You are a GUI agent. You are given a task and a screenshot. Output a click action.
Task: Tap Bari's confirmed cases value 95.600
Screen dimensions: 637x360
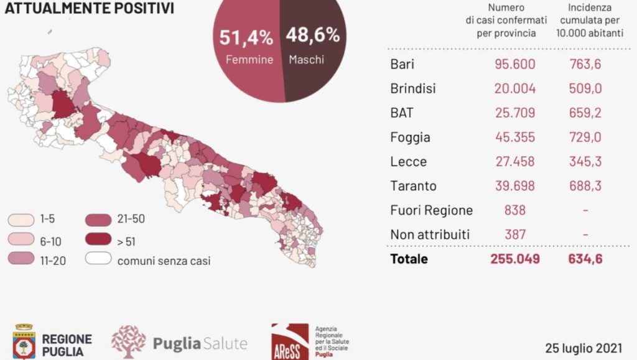(514, 64)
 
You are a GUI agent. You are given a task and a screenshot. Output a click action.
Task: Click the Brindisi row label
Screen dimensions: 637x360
(413, 88)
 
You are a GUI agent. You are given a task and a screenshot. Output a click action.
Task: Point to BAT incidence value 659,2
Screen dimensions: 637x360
(585, 113)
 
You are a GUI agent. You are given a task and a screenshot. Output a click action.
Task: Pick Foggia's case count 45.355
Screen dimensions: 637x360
(514, 137)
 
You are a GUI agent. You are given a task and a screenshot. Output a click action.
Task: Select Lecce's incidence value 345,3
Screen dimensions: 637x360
(585, 162)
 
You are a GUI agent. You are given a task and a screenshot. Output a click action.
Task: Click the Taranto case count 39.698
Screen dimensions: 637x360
(514, 186)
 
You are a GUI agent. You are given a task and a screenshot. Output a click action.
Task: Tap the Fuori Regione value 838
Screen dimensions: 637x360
(514, 210)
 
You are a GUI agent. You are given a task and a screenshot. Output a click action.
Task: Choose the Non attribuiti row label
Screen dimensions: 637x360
(430, 234)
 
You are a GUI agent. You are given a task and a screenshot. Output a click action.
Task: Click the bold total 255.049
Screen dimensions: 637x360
(514, 259)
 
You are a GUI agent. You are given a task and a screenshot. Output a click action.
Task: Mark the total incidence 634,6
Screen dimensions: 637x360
(585, 259)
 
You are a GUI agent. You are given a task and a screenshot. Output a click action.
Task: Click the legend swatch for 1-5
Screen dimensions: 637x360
(21, 220)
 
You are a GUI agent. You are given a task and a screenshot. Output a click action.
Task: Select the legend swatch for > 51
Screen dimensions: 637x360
(98, 239)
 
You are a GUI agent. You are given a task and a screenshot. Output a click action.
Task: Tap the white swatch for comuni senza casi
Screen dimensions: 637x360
(98, 258)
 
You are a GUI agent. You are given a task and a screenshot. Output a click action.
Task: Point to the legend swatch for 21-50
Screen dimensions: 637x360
(98, 220)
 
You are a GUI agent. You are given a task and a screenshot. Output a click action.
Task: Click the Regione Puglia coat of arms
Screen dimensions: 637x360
(24, 341)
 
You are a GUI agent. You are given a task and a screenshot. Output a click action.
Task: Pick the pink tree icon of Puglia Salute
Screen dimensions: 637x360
(128, 342)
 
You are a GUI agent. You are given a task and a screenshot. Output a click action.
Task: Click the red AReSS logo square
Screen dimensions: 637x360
(290, 342)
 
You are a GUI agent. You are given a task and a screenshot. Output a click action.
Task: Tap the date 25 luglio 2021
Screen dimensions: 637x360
(584, 348)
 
